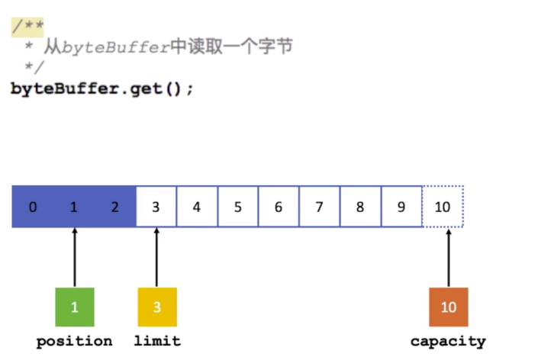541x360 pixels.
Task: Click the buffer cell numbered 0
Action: (32, 207)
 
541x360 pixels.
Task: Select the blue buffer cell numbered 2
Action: (115, 207)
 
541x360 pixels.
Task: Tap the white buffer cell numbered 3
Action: (156, 207)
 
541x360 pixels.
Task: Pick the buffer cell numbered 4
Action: (197, 207)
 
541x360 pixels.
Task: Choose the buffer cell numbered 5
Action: (237, 207)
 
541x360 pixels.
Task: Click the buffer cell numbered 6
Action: (279, 207)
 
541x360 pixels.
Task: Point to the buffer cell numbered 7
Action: (319, 207)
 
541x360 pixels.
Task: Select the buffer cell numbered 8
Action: (360, 207)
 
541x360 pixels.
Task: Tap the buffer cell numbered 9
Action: (401, 207)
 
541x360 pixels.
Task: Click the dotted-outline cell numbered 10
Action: (443, 207)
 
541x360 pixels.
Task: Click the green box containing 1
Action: (74, 307)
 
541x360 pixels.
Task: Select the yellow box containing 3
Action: (156, 307)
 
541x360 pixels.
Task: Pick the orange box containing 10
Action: (449, 307)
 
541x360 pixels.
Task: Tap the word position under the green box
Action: (74, 341)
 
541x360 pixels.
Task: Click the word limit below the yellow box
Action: (157, 341)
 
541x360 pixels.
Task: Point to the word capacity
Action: (448, 341)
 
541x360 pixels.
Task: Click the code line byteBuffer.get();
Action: (102, 88)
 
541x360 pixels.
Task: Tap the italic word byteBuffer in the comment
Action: (115, 47)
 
